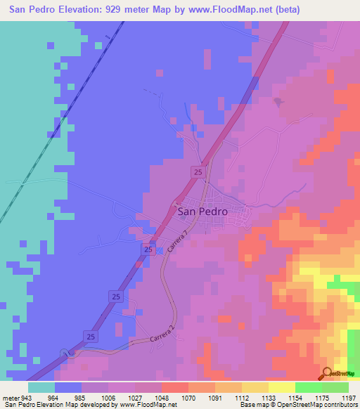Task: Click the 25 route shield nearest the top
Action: coord(199,171)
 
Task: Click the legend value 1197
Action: coord(349,397)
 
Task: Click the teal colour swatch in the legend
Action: coord(41,387)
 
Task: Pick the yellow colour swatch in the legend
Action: coord(281,387)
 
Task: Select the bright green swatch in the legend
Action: coord(308,387)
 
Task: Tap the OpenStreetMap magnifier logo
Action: coord(328,373)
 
